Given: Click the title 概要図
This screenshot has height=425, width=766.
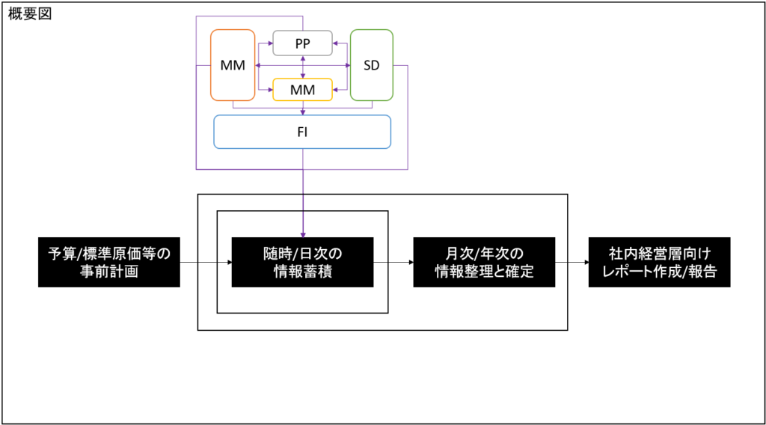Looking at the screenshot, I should (x=30, y=14).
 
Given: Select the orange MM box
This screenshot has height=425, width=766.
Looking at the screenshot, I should (x=233, y=65).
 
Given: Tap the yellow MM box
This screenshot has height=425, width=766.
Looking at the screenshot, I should (x=302, y=90).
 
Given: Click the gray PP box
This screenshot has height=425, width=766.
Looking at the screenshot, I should (x=302, y=43).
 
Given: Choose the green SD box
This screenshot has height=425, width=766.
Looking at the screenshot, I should (x=371, y=65).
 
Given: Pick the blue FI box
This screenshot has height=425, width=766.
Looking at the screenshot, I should (x=302, y=132).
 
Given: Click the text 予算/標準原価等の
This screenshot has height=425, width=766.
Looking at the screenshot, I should (x=109, y=254).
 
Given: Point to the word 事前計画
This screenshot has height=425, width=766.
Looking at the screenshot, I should (x=109, y=272).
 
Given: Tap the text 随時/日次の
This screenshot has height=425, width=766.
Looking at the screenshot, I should (x=302, y=254).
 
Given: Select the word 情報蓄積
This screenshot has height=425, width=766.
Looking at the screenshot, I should (x=302, y=272).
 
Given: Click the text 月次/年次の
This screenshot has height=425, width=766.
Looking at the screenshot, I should (x=484, y=254).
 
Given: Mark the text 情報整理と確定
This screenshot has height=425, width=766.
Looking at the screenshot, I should (x=484, y=272).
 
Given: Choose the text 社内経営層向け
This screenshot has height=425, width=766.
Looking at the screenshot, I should (x=659, y=254).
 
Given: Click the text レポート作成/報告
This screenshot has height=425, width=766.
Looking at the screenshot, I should (x=659, y=272).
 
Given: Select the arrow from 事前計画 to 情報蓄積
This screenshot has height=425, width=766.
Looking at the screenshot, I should (x=206, y=263).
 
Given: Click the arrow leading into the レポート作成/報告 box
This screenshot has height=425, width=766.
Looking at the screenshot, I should (x=572, y=263).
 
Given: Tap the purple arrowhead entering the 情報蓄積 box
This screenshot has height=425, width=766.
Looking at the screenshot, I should (x=302, y=234).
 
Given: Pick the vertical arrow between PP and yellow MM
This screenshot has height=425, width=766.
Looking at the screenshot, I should (x=302, y=67).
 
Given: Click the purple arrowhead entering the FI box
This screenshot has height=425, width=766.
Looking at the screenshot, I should (x=302, y=111).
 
